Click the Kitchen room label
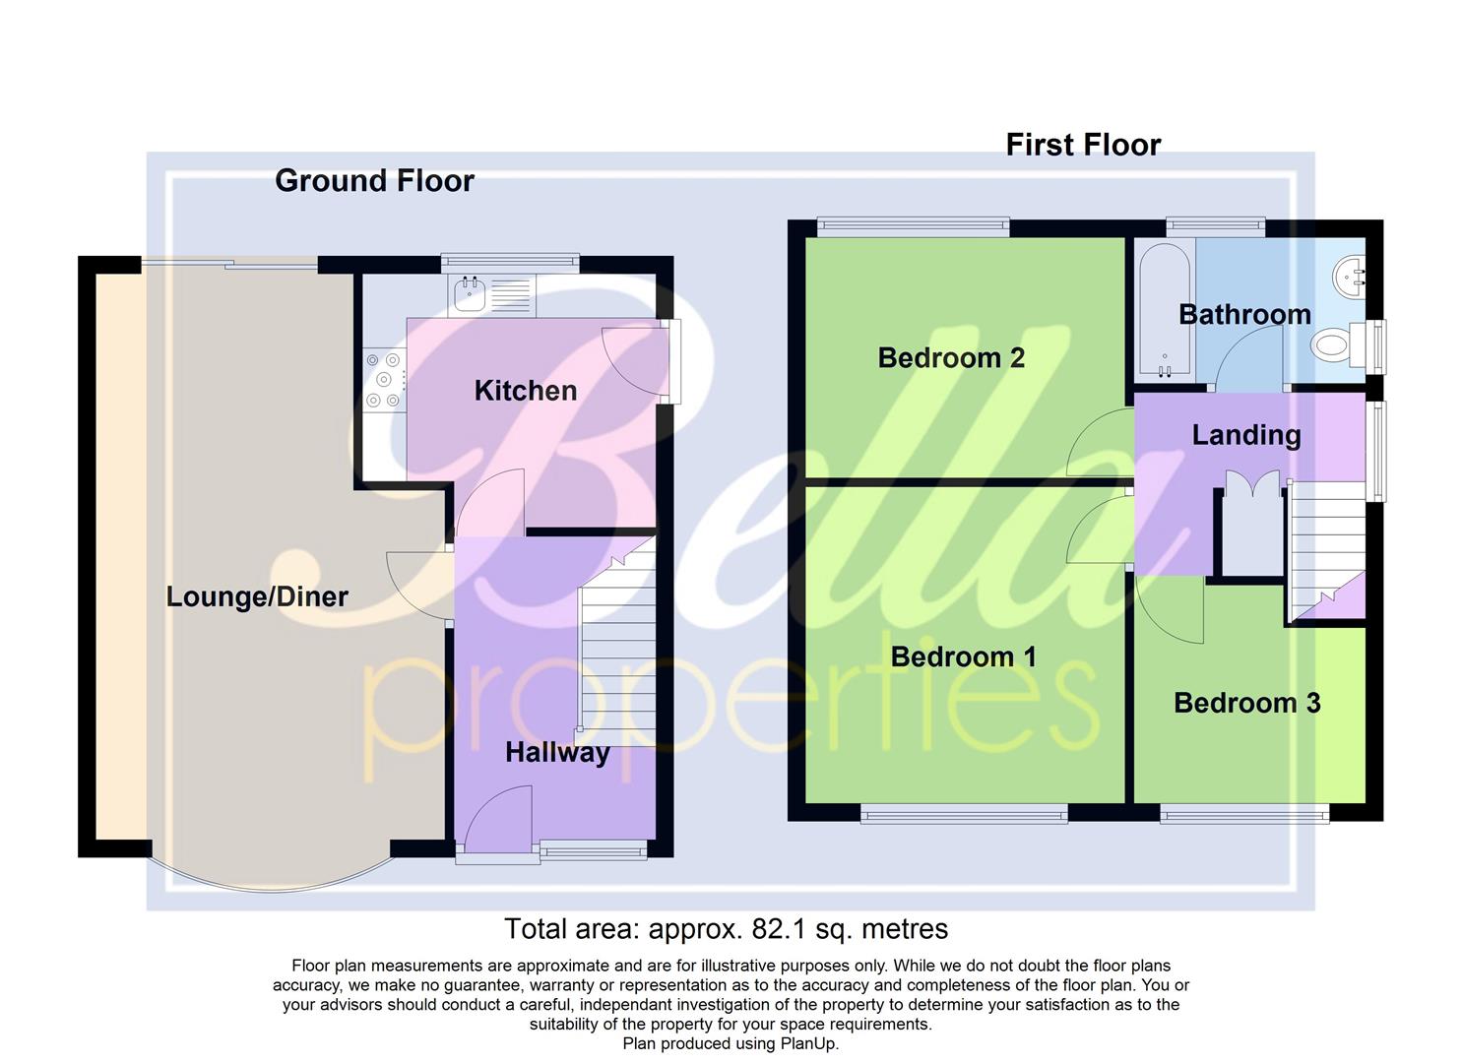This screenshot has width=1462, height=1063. [525, 391]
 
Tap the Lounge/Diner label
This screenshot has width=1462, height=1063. [257, 596]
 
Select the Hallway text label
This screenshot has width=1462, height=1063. [557, 753]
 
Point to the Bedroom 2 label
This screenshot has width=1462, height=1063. [951, 357]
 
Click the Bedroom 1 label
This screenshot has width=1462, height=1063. [963, 657]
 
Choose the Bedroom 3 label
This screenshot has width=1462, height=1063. [1246, 703]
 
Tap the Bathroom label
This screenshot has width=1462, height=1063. [1244, 315]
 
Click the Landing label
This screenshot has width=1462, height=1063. [1246, 435]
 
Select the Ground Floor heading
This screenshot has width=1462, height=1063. [374, 181]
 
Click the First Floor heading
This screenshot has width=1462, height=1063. [1083, 146]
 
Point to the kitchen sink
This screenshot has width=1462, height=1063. [470, 293]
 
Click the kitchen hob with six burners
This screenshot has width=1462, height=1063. [384, 380]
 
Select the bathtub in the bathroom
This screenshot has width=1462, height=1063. [1164, 311]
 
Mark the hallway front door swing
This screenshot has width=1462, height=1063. [497, 819]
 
